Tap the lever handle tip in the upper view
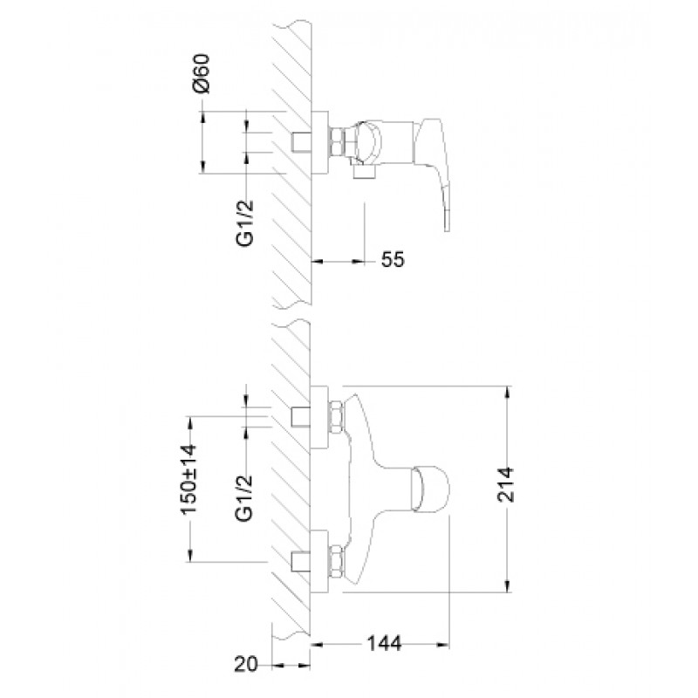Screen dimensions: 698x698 point(448,224)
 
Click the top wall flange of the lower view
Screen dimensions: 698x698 point(319,414)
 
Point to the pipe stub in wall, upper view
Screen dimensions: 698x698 point(302,141)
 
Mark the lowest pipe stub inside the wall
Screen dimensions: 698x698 point(302,559)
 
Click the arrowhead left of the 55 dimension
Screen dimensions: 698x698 point(317,260)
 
